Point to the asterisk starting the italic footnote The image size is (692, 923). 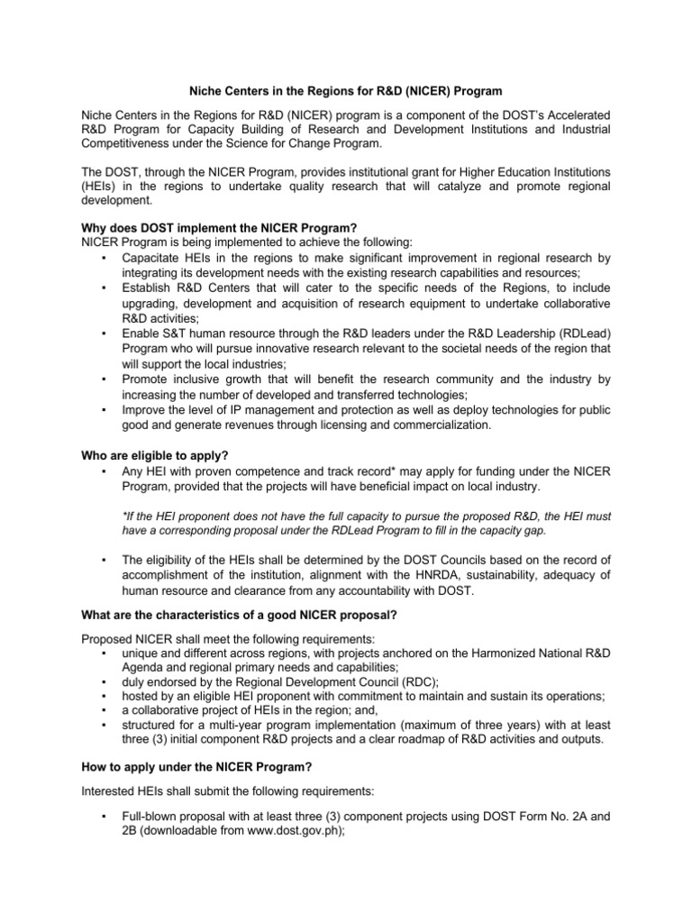[x=124, y=516]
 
